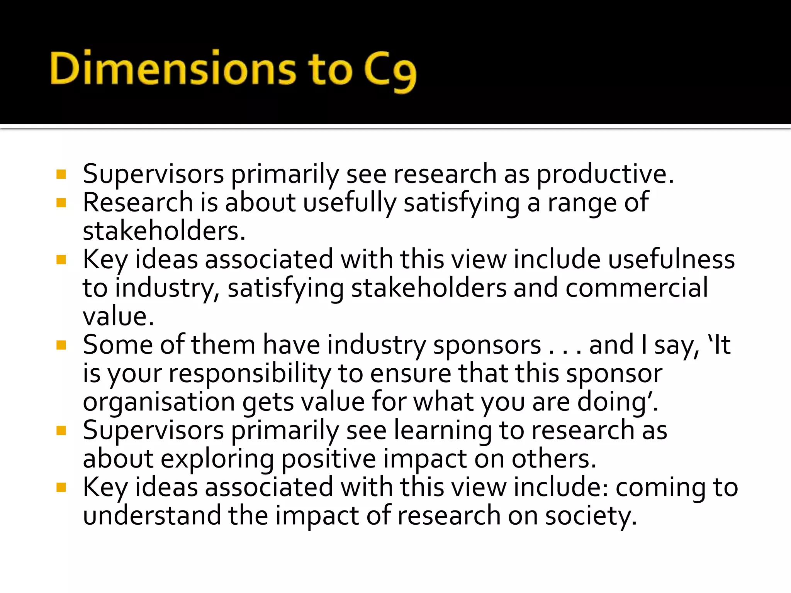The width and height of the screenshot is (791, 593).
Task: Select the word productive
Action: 605,175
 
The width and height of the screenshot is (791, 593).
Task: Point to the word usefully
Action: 350,203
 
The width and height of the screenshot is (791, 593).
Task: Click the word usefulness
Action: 671,259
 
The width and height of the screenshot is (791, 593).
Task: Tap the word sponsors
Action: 487,345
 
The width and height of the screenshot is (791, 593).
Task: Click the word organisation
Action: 159,402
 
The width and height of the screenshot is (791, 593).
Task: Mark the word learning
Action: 443,431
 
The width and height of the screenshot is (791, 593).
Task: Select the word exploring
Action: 217,459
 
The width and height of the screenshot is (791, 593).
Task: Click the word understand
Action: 152,516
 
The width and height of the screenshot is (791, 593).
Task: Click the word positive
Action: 328,459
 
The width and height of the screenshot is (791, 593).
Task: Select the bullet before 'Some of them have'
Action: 61,345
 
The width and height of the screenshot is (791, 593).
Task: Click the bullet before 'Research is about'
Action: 61,203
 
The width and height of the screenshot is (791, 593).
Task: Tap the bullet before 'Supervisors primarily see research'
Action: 61,174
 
